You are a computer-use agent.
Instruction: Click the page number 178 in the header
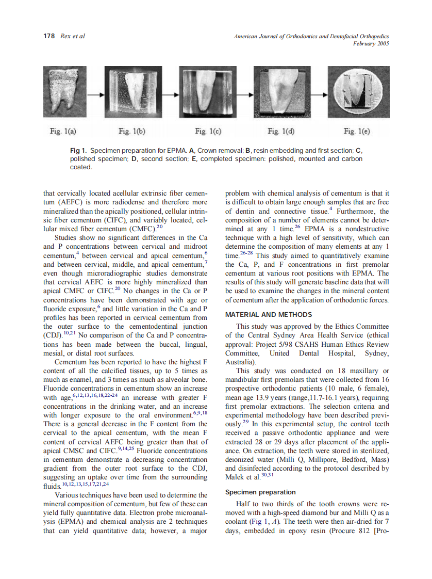49,36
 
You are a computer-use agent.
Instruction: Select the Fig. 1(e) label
356,132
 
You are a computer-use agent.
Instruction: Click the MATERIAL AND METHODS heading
268,314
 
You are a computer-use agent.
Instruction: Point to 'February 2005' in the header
371,44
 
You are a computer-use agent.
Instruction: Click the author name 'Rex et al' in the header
73,36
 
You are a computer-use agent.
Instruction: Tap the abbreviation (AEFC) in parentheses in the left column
67,202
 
